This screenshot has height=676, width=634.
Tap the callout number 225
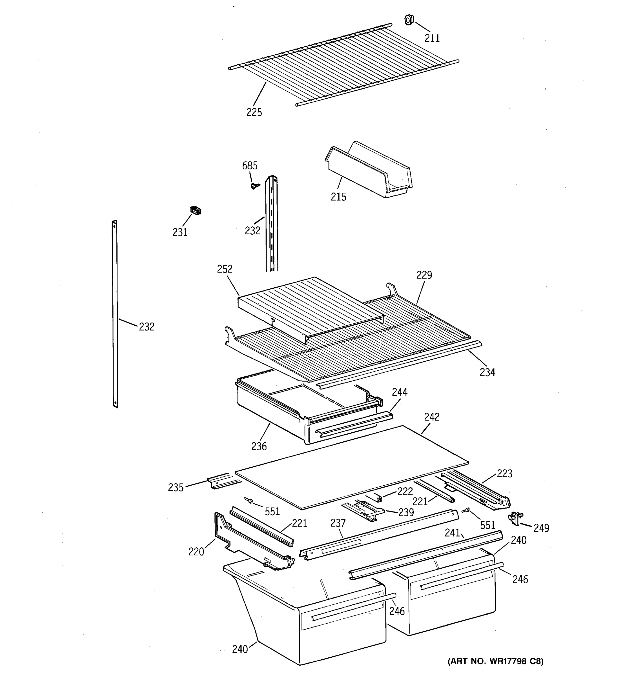click(254, 112)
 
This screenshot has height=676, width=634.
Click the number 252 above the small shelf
click(225, 269)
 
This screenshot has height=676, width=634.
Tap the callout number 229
click(424, 275)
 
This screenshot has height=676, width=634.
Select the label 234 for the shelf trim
click(487, 372)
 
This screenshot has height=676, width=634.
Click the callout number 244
click(399, 392)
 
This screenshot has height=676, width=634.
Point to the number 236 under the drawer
click(259, 446)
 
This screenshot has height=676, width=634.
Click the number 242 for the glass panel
click(432, 417)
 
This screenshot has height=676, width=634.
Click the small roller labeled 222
click(378, 498)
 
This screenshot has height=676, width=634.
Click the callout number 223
click(504, 473)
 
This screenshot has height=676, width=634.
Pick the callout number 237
click(338, 523)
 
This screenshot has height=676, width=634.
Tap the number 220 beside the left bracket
click(196, 552)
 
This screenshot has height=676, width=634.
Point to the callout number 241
click(452, 533)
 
